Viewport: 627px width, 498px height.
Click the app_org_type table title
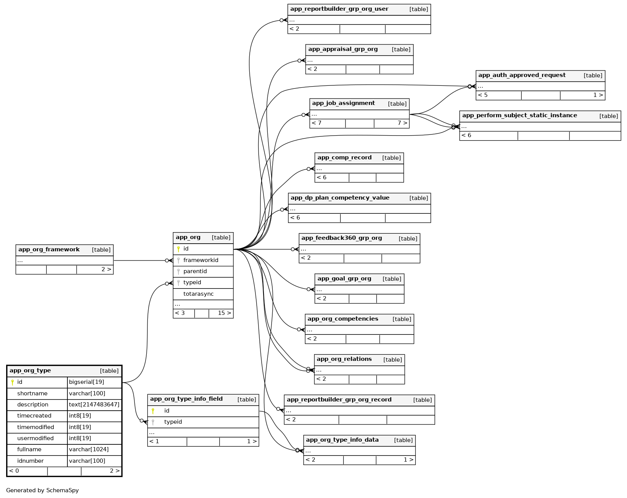click(30, 371)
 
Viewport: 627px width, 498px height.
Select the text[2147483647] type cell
click(94, 405)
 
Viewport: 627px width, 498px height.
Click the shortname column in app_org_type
click(32, 393)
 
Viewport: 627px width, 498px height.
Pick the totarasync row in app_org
click(198, 294)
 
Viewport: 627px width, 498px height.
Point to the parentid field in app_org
click(195, 271)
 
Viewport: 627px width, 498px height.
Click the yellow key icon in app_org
click(178, 249)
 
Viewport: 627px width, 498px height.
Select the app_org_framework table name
click(49, 250)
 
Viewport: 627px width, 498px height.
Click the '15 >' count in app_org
click(224, 313)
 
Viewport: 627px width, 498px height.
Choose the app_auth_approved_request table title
click(522, 75)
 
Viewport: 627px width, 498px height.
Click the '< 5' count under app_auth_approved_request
click(483, 95)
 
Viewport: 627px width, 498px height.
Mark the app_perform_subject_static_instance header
click(519, 116)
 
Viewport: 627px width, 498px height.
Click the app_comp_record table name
click(344, 158)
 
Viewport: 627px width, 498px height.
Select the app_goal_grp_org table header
click(344, 279)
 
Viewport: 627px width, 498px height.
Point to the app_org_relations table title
click(344, 359)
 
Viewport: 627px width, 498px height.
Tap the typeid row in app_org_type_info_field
click(173, 422)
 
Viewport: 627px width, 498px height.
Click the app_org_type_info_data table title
click(342, 440)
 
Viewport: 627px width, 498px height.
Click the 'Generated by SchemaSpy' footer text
click(43, 490)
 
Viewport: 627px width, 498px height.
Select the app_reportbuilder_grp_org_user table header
click(339, 9)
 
